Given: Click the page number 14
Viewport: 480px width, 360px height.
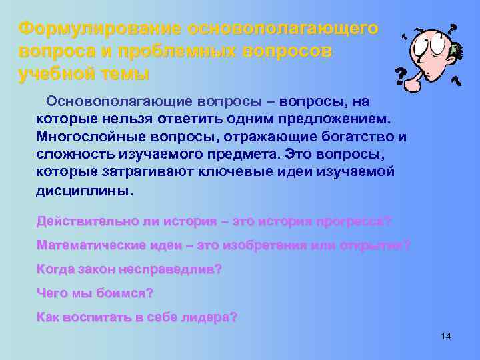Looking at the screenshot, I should point(446,337).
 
